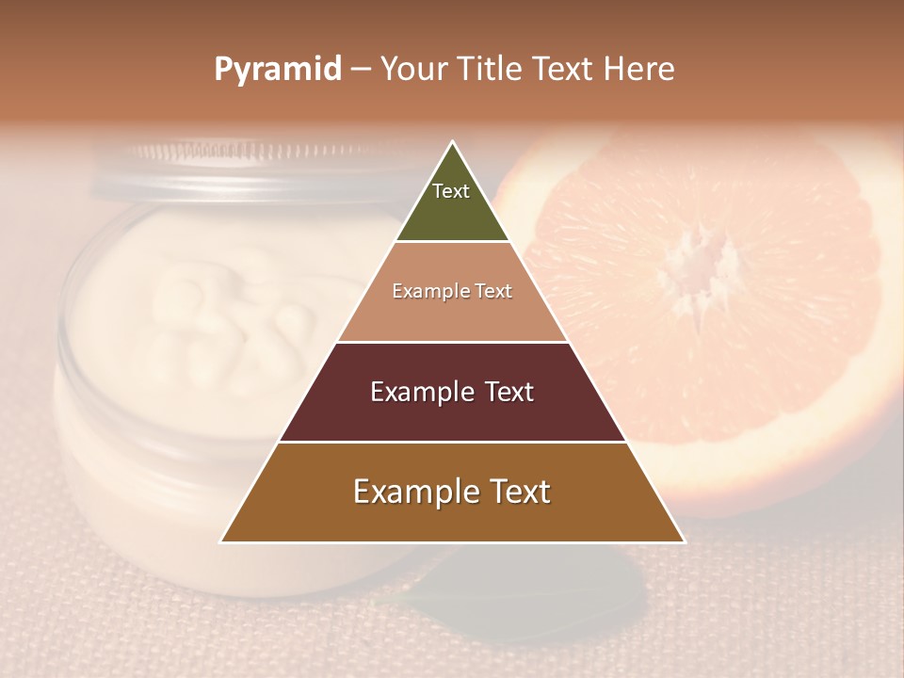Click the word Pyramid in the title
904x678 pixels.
(x=278, y=70)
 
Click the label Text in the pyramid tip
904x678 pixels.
(x=451, y=191)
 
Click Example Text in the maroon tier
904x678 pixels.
(x=452, y=392)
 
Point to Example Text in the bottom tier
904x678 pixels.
(x=452, y=492)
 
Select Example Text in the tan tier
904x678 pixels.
(x=452, y=291)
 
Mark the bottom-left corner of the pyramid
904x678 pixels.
(x=221, y=541)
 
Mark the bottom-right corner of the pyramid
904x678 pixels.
(x=684, y=541)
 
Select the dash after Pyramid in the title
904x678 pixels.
(x=361, y=70)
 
